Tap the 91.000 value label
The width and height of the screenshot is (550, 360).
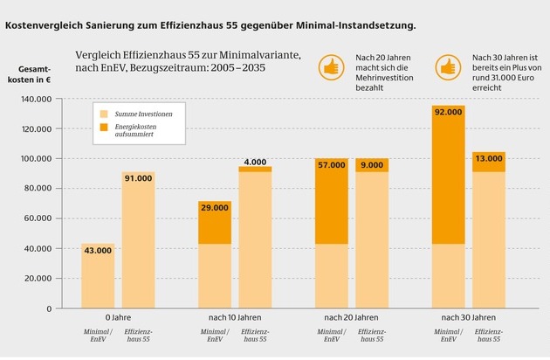tap(140, 178)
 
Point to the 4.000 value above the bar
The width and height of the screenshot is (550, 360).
tap(255, 162)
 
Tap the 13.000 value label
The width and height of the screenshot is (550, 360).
tap(488, 158)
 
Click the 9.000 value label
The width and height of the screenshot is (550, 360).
tap(372, 164)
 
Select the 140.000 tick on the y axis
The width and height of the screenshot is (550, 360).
tap(48, 100)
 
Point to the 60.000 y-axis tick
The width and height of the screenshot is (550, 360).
tap(51, 218)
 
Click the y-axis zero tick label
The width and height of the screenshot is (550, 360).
tap(62, 308)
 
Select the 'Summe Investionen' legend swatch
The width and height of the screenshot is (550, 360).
tap(104, 114)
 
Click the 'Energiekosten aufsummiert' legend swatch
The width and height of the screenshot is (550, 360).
tap(104, 128)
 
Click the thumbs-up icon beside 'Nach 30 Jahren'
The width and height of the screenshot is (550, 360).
tap(448, 66)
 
